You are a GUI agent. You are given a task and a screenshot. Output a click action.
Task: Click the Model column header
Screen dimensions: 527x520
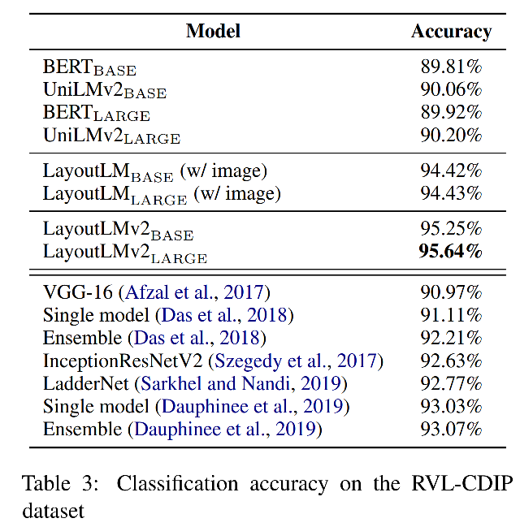click(x=213, y=31)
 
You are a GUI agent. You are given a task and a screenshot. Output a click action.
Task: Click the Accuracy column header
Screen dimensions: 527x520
click(x=451, y=31)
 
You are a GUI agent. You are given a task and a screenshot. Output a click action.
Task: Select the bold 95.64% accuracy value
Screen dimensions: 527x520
click(x=451, y=252)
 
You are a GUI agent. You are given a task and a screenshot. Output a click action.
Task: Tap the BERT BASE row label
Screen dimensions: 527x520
click(x=89, y=67)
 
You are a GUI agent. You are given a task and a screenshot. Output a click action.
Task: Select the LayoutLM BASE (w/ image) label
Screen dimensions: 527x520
click(x=154, y=172)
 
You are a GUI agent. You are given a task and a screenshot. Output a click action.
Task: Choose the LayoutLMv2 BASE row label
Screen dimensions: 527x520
click(x=118, y=231)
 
